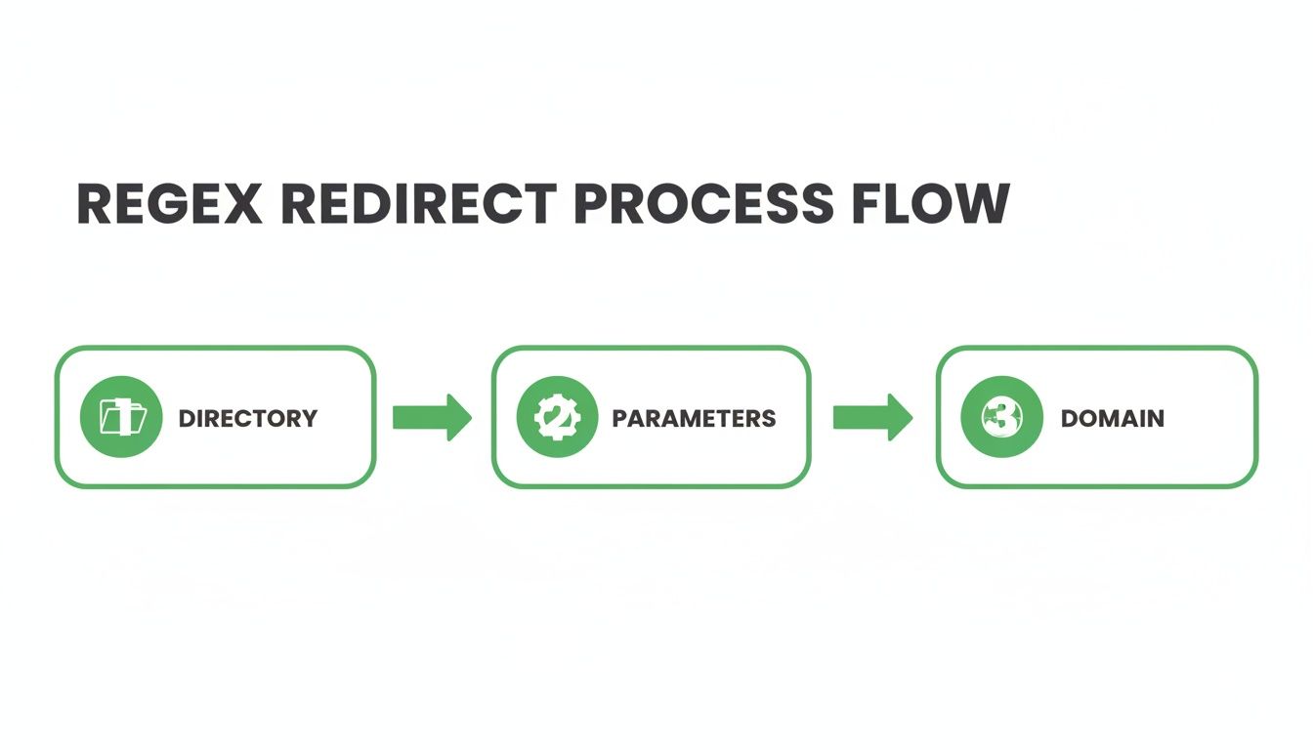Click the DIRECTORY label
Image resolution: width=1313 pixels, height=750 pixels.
248,419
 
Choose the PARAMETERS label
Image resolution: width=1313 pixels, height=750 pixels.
694,419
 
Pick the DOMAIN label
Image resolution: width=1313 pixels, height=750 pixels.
1113,419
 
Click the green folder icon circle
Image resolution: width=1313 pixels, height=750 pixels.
121,417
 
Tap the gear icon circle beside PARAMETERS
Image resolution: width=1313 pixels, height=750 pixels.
558,417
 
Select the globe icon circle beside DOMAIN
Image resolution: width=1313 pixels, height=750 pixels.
1002,417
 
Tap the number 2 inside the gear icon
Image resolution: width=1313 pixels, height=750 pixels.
557,418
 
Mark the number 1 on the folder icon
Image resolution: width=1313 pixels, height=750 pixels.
123,417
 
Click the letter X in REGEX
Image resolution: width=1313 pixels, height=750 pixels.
243,204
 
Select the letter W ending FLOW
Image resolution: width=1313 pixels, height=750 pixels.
981,204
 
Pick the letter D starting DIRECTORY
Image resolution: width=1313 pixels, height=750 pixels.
187,419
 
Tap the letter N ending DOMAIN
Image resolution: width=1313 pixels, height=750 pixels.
1155,419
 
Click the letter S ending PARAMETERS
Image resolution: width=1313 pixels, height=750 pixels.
769,419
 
